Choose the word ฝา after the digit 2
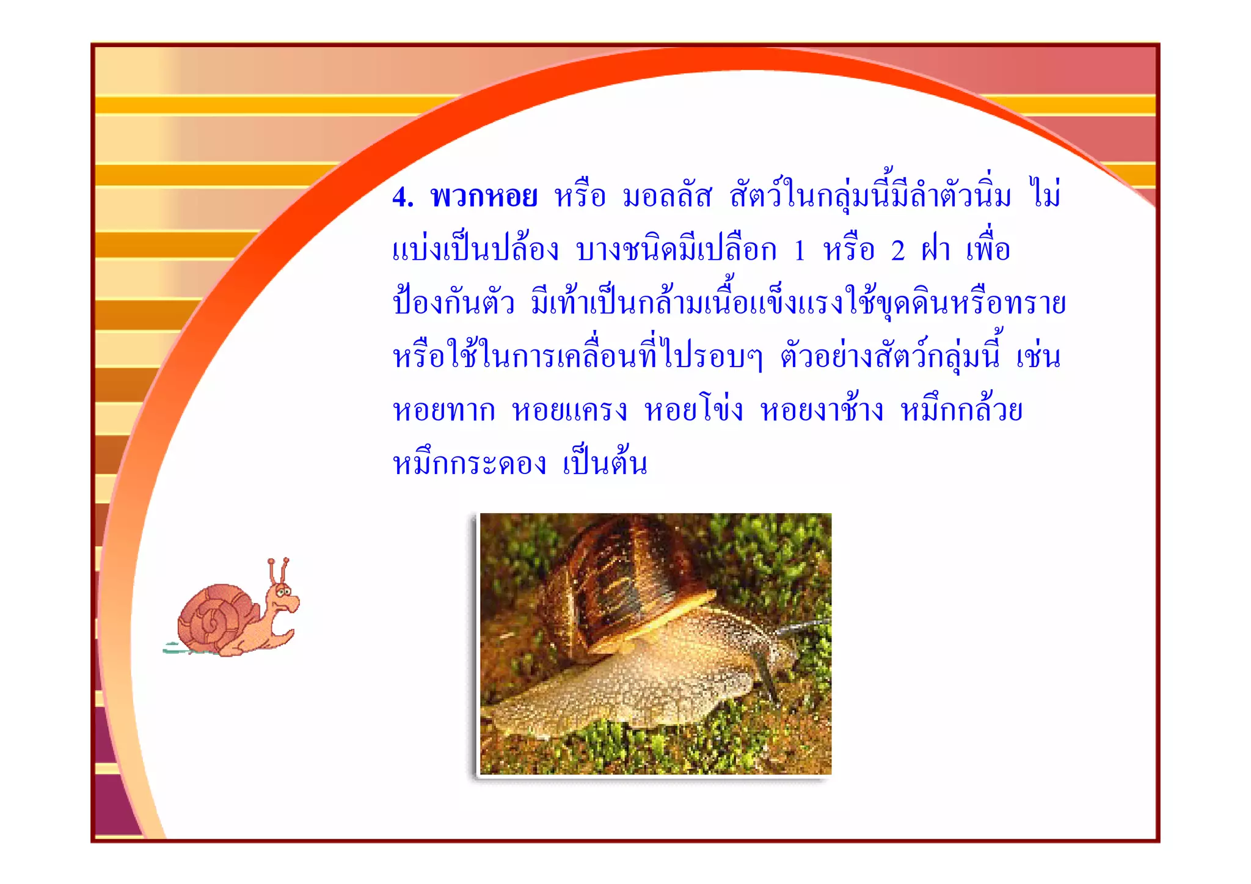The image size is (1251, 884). pyautogui.click(x=936, y=250)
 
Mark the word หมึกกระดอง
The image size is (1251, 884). pyautogui.click(x=469, y=464)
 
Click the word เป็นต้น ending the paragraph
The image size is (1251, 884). pyautogui.click(x=605, y=462)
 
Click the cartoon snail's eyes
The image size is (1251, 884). pyautogui.click(x=283, y=591)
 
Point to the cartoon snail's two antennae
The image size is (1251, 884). pyautogui.click(x=278, y=571)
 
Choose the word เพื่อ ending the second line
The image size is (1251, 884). pyautogui.click(x=988, y=249)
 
